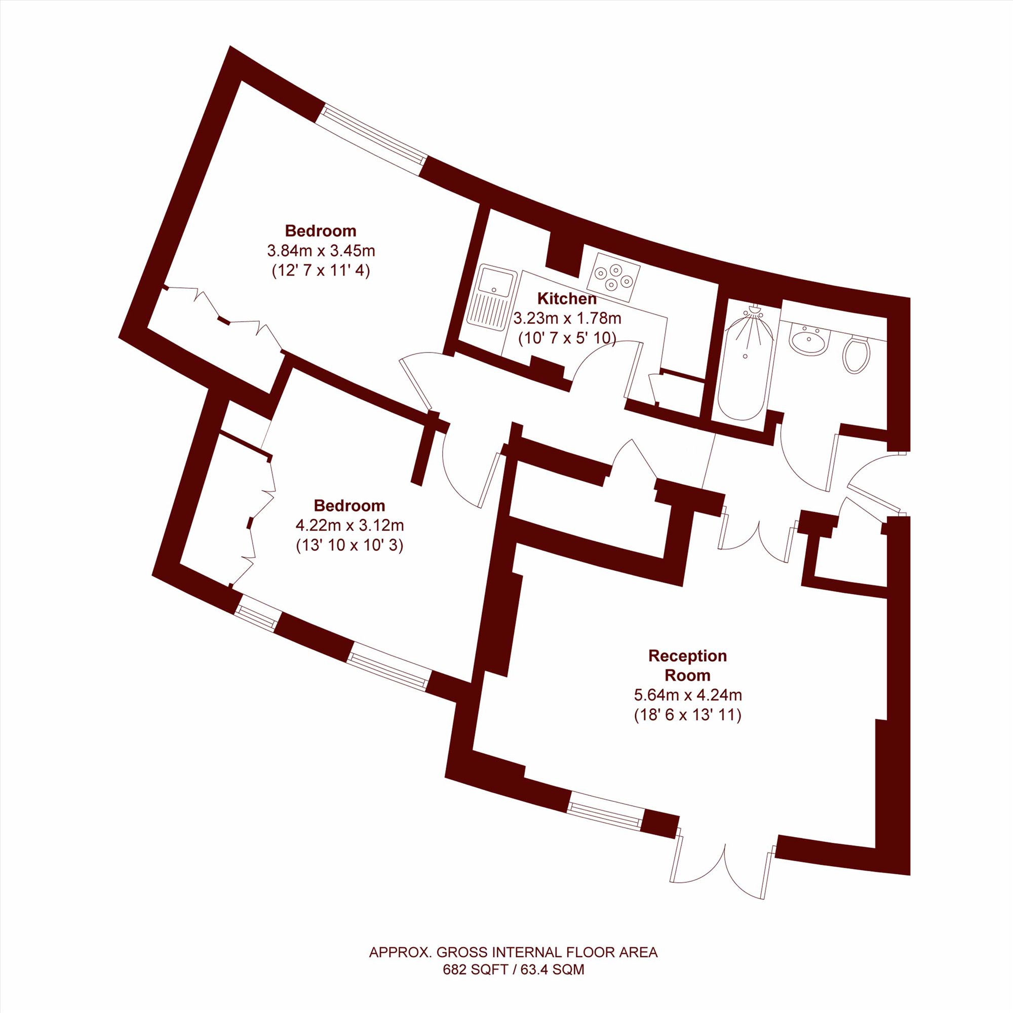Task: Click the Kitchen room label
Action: [567, 299]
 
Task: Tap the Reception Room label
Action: [688, 666]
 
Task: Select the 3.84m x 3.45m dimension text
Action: [322, 251]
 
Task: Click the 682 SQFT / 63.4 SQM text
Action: [514, 969]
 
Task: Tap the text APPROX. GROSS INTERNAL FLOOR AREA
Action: [514, 952]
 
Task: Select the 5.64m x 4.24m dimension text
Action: [688, 695]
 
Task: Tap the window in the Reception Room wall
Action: [606, 808]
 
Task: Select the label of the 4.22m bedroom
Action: [349, 505]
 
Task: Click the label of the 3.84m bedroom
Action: [321, 230]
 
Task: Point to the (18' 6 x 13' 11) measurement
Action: [688, 715]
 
